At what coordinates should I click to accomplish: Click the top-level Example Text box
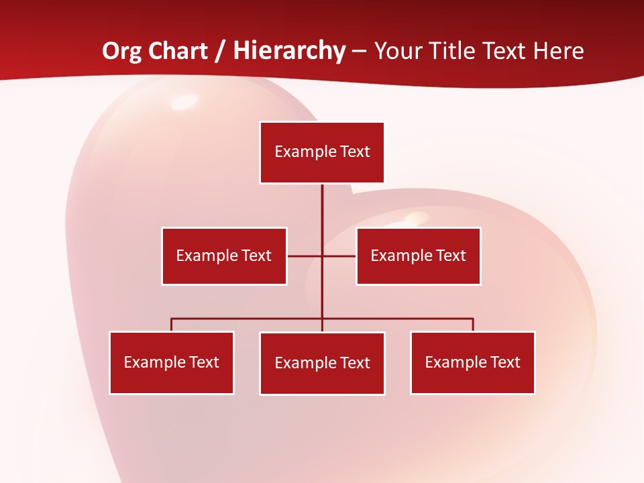point(322,152)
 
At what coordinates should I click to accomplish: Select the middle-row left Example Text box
point(224,256)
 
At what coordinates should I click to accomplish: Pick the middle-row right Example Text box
point(418,256)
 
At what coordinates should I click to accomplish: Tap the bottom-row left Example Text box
point(172,362)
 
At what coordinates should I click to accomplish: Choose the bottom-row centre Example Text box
point(322,363)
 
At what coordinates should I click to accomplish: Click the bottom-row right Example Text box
point(473,362)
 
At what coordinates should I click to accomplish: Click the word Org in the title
point(121,51)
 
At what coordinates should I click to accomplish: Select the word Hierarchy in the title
point(289,51)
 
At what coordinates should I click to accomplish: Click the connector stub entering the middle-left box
point(304,256)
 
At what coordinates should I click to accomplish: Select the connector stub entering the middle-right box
point(340,256)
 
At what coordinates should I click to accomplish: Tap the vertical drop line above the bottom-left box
point(172,325)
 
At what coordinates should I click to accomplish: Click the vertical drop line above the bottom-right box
point(473,325)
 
